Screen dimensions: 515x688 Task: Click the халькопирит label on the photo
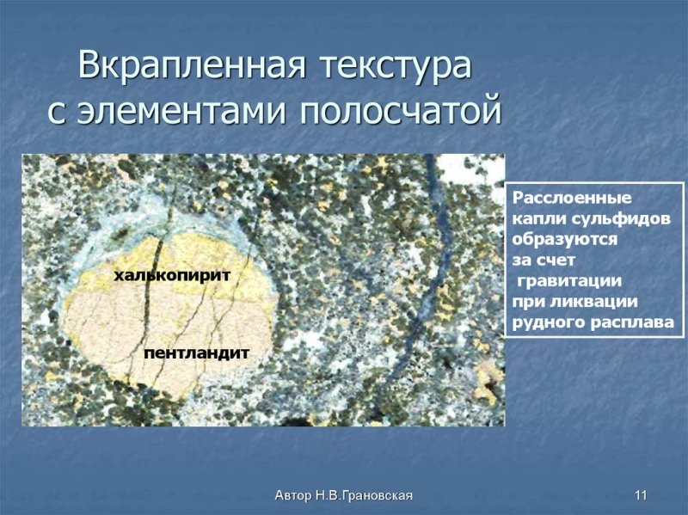click(173, 275)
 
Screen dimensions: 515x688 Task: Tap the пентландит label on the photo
click(197, 353)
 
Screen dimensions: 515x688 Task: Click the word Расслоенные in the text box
click(560, 198)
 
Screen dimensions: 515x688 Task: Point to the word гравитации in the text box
click(569, 281)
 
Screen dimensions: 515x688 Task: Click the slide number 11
click(640, 495)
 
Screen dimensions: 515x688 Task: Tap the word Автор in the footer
click(293, 495)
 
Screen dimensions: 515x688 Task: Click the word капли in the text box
click(534, 218)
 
